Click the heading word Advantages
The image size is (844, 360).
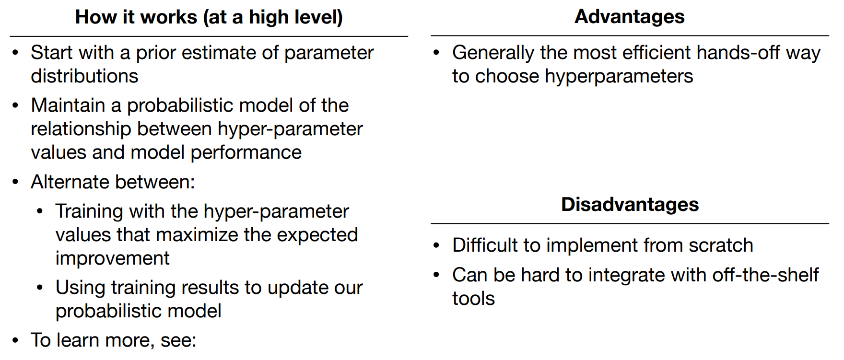point(629,17)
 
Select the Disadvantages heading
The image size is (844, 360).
point(630,205)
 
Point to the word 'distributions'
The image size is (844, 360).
point(84,76)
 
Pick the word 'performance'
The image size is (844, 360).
point(246,153)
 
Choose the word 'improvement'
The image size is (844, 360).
point(112,259)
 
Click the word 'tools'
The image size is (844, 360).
point(473,299)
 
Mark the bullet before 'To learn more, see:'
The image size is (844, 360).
point(16,341)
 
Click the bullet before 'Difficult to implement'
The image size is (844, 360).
point(436,246)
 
